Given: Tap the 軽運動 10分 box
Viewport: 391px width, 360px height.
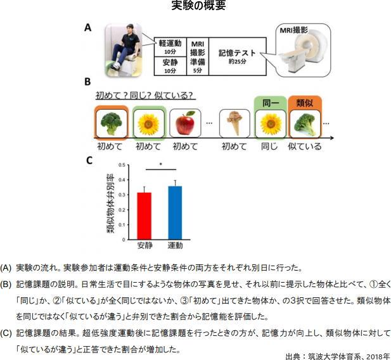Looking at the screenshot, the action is [x=169, y=46].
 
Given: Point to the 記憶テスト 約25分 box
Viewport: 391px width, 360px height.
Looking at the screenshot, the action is [x=236, y=56].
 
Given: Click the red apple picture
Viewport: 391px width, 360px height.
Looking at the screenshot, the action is [x=186, y=122].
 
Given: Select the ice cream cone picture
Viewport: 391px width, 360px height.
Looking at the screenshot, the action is [x=233, y=123].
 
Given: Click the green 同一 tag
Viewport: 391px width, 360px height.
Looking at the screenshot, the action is [x=270, y=101].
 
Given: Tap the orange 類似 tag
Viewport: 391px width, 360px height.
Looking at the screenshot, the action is [x=305, y=101].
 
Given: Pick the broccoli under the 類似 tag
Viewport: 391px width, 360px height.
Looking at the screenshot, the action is [x=305, y=124].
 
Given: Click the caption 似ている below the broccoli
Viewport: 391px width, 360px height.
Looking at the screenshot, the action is [x=305, y=146].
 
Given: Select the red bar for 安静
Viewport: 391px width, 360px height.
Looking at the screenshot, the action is [x=144, y=214].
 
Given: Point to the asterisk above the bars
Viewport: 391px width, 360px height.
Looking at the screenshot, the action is [x=160, y=165].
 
